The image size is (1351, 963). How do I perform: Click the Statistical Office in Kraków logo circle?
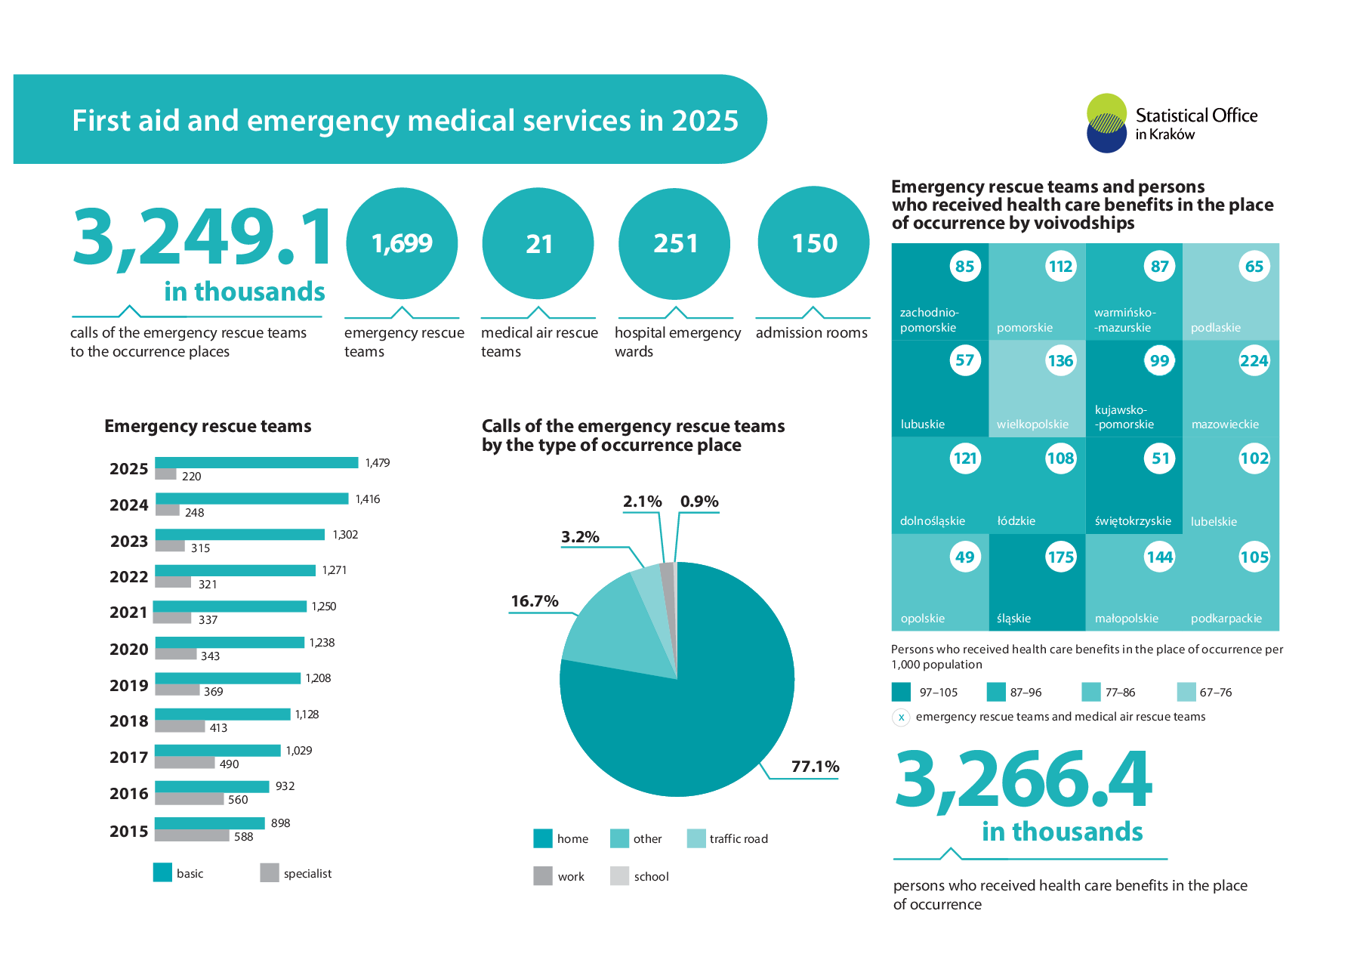(1106, 123)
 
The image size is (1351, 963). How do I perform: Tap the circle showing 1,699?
(402, 243)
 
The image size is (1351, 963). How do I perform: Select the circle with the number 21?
(538, 243)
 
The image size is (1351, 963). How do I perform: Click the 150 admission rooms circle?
(813, 243)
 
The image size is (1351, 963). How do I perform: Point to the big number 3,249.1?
(202, 237)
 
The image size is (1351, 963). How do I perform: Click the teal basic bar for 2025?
(256, 462)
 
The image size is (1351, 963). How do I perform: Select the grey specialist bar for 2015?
(192, 835)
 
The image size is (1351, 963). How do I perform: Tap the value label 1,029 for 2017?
(298, 750)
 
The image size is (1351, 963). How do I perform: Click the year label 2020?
(128, 650)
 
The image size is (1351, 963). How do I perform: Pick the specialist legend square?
(270, 873)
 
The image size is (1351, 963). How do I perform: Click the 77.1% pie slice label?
(815, 766)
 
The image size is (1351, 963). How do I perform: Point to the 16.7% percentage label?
(534, 601)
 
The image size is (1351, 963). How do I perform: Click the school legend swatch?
(619, 876)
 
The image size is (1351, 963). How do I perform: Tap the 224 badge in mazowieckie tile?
(1254, 361)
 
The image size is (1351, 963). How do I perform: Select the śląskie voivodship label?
(1013, 618)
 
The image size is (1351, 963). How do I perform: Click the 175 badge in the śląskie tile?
(1060, 557)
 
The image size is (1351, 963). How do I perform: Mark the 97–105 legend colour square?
(901, 692)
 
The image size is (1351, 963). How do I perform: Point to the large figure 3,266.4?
(1023, 780)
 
